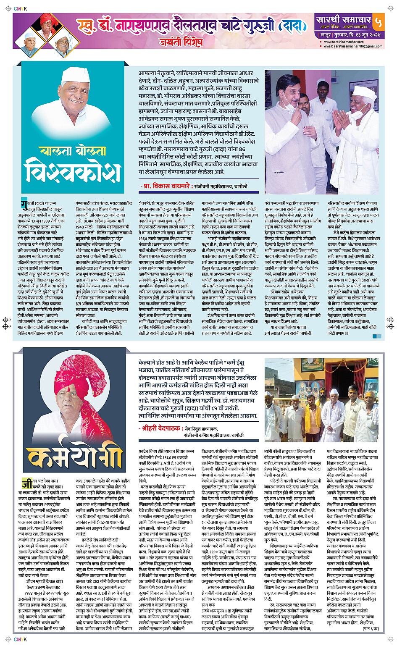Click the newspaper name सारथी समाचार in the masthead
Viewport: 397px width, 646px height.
[344, 19]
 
